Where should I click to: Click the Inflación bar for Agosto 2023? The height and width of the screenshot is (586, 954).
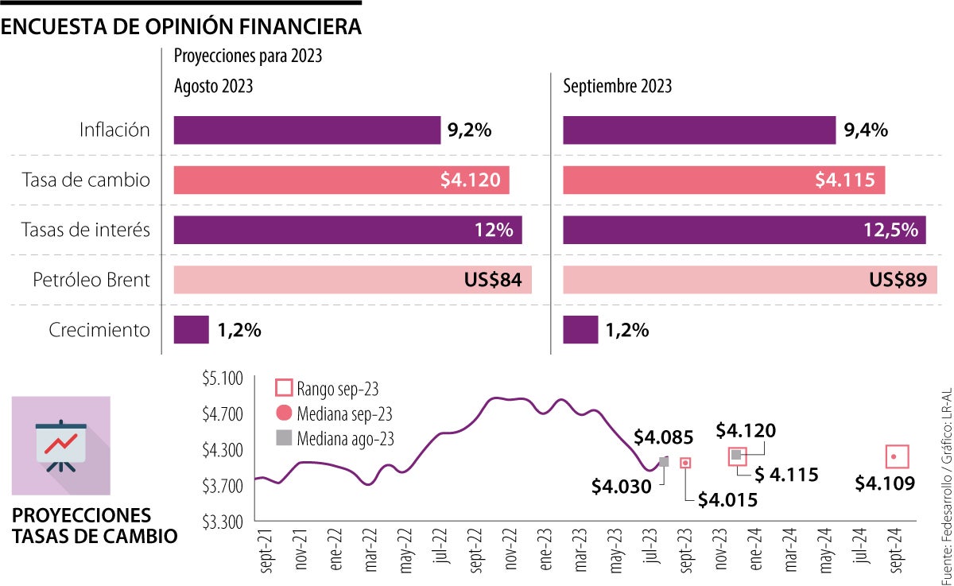coord(307,130)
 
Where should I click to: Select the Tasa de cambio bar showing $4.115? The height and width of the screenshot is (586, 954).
coord(723,180)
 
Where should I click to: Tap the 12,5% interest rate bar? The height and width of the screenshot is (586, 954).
coord(744,231)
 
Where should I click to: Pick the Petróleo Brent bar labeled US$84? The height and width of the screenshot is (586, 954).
coord(352,280)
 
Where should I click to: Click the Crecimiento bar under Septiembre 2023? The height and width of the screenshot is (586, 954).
coord(580,330)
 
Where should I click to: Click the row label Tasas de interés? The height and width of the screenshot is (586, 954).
coord(87,231)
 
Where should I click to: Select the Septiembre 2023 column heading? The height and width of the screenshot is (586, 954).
coord(617,86)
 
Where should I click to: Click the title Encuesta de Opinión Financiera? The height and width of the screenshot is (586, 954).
coord(181,26)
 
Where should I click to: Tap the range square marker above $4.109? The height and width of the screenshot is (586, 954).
coord(897,456)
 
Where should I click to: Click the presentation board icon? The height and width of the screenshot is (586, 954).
coord(60,446)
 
